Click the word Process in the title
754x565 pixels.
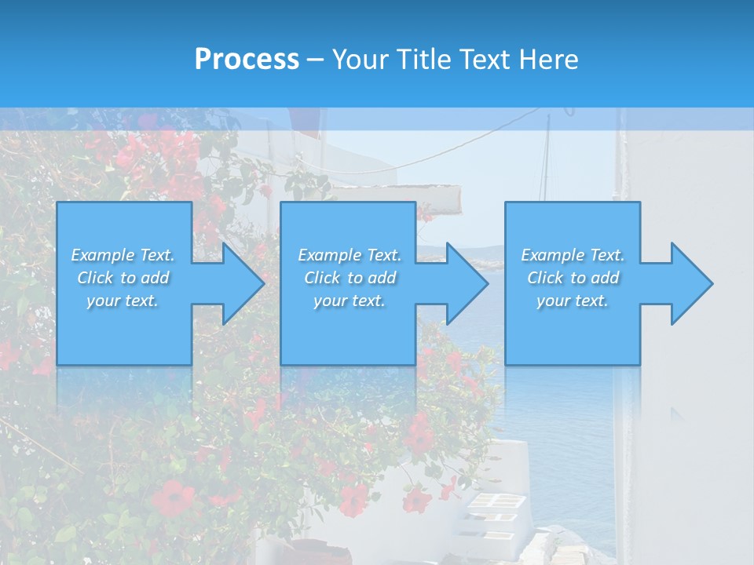pos(247,59)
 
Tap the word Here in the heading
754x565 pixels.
pos(549,60)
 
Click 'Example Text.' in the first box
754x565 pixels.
pos(123,255)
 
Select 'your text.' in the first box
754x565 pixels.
pos(123,301)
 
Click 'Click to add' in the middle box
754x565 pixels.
pos(350,278)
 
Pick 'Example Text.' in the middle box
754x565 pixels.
pos(350,255)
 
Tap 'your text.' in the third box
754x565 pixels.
pos(573,301)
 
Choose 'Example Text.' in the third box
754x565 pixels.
pos(573,255)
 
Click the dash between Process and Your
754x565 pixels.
pos(314,60)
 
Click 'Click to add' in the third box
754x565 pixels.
pos(573,278)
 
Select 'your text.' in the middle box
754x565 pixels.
pos(350,301)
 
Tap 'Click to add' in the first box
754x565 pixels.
pos(123,278)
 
